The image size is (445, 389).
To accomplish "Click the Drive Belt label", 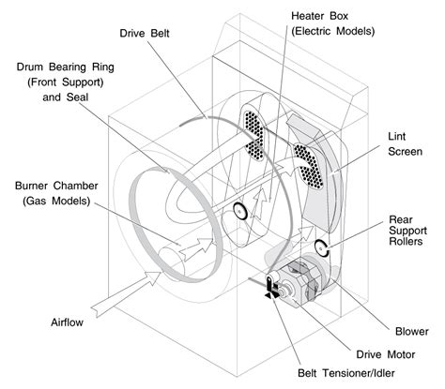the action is (x=145, y=33).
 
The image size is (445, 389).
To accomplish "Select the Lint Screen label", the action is (x=405, y=144).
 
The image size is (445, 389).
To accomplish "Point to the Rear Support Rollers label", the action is (x=407, y=231).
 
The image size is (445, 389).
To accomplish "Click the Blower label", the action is (x=412, y=331).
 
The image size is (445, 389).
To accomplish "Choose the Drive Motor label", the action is (x=386, y=354).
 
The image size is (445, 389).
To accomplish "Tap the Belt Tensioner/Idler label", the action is (x=346, y=373).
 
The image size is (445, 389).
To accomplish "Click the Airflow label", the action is (x=67, y=322).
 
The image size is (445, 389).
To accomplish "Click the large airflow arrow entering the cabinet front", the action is (x=125, y=293).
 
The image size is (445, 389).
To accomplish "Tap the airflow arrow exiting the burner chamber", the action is (x=196, y=248).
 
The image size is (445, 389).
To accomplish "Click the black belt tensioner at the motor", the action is (x=270, y=286).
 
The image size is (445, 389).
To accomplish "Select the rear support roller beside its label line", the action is (x=321, y=248).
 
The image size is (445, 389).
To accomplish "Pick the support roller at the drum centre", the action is (x=240, y=212).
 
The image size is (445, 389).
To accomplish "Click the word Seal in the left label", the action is (x=77, y=97).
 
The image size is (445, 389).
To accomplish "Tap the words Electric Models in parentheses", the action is (x=333, y=31).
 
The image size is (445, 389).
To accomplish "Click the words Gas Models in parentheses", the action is (x=56, y=201).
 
